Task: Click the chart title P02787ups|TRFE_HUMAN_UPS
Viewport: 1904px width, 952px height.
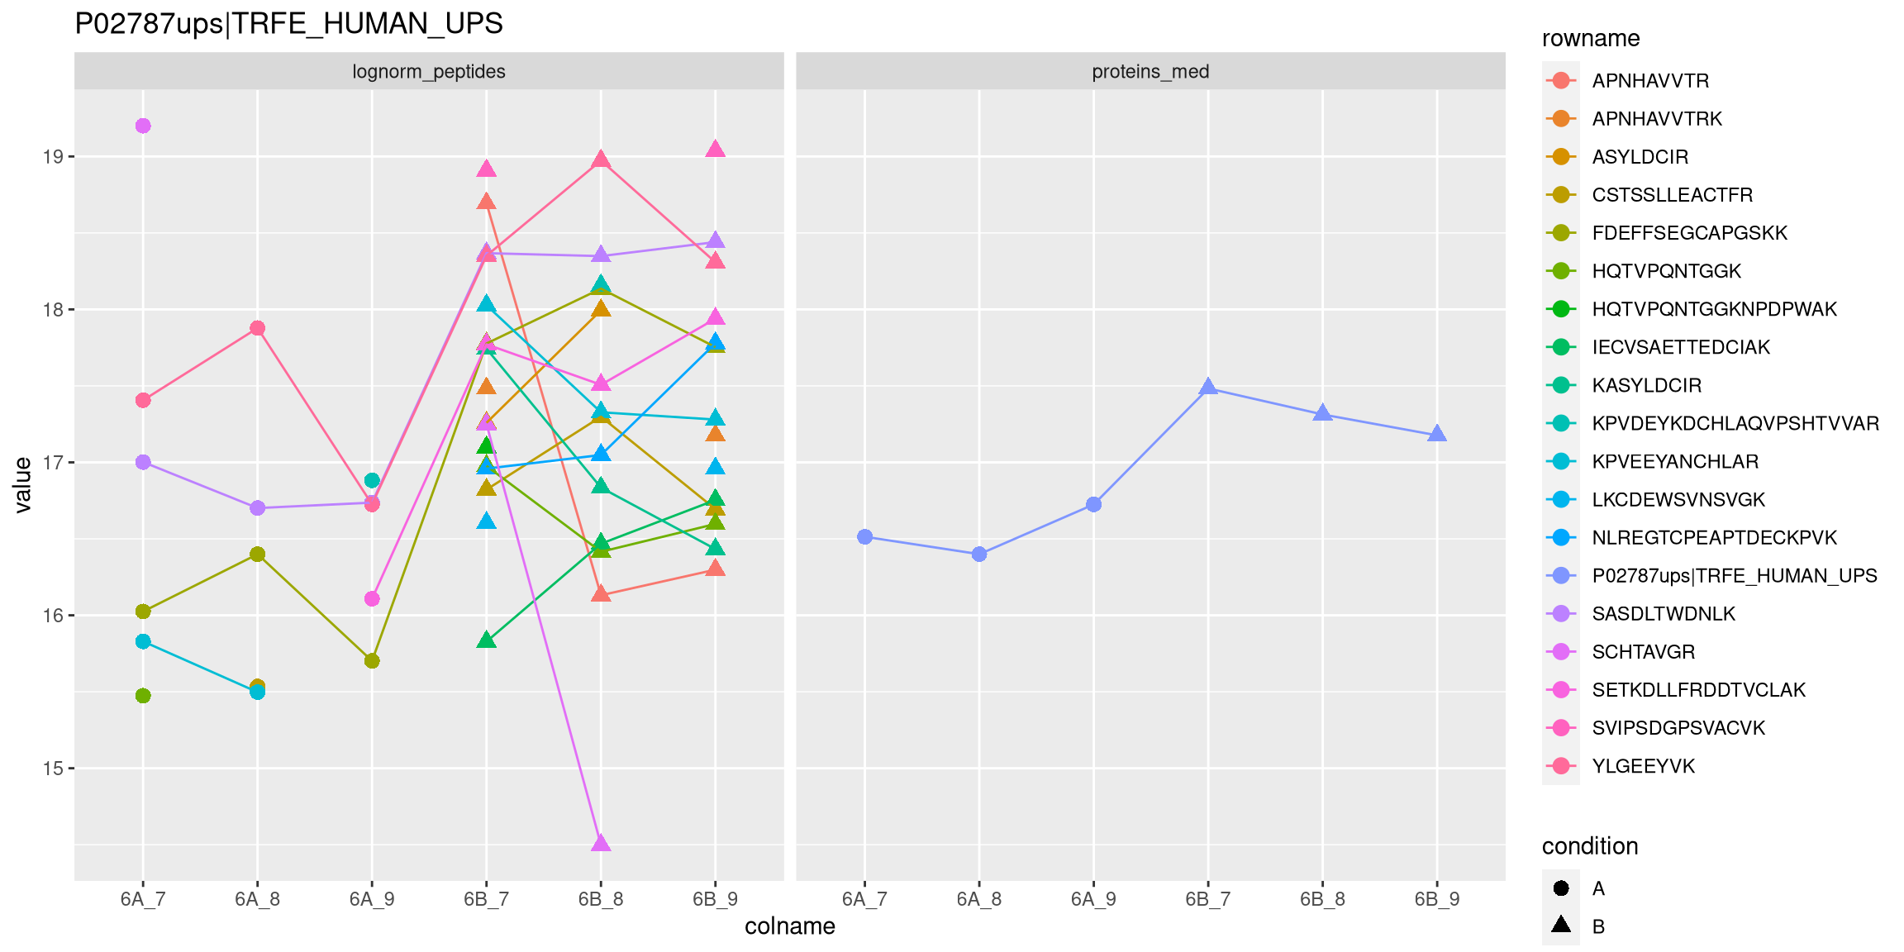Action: coord(288,24)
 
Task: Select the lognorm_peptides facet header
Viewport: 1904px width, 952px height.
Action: coord(428,72)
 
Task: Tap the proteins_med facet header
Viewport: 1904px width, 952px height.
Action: coord(1150,72)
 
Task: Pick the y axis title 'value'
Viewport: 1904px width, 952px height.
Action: coord(23,485)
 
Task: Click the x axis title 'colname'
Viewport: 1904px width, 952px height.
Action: coord(789,926)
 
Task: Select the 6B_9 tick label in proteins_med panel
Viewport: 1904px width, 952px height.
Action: coord(1436,899)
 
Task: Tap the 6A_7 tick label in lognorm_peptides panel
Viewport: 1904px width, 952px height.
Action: coord(143,899)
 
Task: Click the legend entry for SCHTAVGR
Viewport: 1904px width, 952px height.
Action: coord(1643,652)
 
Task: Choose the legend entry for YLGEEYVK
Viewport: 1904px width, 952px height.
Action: coord(1643,766)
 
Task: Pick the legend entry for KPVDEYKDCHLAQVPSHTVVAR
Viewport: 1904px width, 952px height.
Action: coord(1735,424)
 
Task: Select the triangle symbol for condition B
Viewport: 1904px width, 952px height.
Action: coord(1561,925)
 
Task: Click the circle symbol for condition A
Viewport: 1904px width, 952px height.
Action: coord(1561,888)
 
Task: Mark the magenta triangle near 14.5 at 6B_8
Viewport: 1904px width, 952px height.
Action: coord(601,843)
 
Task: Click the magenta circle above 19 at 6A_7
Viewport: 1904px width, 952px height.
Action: coord(143,126)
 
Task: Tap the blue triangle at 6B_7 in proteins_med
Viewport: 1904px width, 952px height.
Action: coord(1208,387)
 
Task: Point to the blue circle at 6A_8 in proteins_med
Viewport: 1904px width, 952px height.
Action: coord(979,555)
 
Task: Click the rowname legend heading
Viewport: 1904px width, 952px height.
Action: coord(1590,39)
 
